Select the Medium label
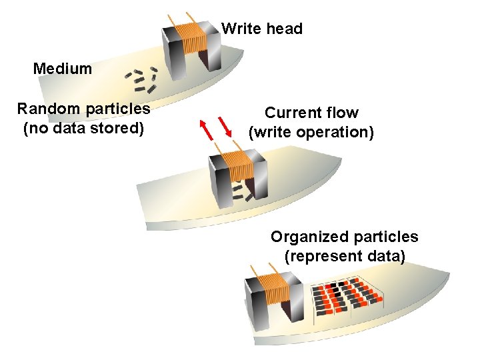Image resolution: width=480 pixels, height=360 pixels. [x=63, y=68]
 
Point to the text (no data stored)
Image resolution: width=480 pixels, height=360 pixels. [x=83, y=127]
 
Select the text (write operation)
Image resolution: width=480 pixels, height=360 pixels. [x=311, y=132]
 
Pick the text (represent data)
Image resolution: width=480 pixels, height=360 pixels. [x=345, y=256]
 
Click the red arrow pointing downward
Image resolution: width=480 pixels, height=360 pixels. [x=229, y=127]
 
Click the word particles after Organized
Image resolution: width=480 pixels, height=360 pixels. [x=386, y=237]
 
